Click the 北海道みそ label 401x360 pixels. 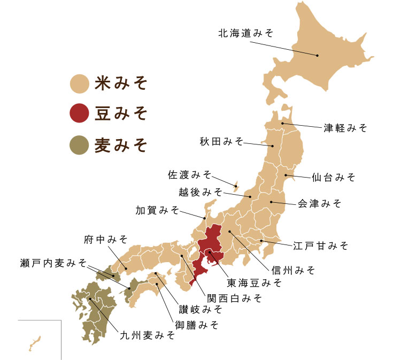pos(245,33)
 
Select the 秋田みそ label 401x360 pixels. pos(221,141)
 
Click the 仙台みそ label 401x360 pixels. pos(333,177)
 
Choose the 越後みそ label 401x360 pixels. pos(200,191)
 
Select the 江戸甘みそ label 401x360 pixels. pos(320,246)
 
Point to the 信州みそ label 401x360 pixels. pos(292,269)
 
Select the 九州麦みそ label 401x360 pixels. pos(147,335)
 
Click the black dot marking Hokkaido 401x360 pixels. pos(317,55)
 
